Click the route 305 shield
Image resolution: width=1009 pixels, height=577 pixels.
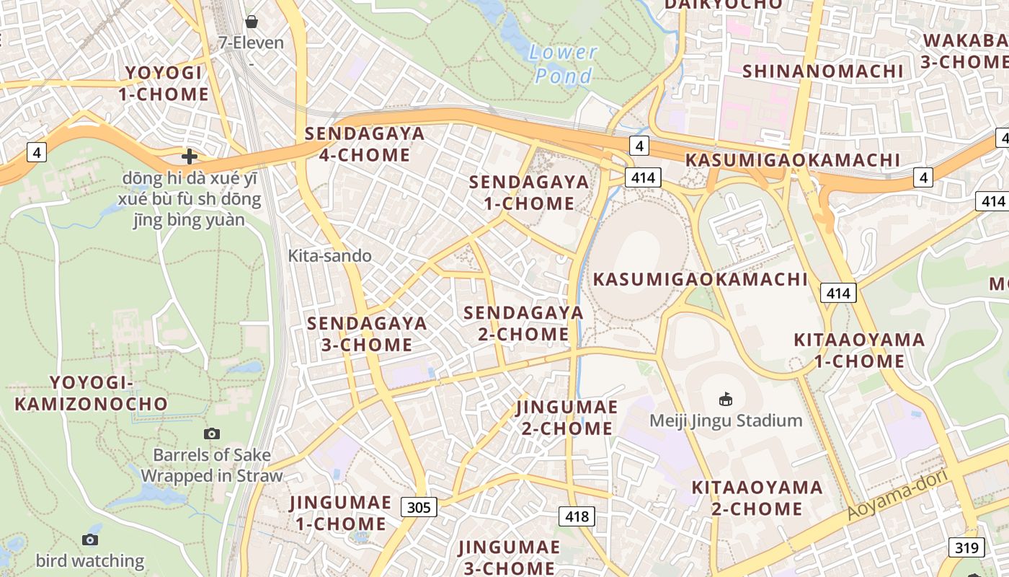419,507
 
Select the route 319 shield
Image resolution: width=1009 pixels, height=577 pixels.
966,547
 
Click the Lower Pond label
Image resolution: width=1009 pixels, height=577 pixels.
563,63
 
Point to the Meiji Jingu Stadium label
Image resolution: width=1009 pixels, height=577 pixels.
726,420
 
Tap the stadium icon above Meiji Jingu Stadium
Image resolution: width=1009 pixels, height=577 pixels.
726,399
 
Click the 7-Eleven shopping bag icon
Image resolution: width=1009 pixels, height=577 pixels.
251,22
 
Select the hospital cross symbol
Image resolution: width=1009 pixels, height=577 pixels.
190,156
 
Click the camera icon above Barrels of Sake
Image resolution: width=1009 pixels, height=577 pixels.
211,433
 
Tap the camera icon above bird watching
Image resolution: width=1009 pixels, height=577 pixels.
90,539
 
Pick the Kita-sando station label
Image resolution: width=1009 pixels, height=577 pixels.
330,255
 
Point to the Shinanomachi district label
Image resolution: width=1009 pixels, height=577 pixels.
822,71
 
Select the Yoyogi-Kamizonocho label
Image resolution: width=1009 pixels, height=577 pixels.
91,393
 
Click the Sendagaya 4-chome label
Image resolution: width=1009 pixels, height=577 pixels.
365,144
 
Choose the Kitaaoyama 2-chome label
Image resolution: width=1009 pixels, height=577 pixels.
757,498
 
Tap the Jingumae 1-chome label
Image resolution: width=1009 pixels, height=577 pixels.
341,513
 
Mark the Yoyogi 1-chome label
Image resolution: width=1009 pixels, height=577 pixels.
167,83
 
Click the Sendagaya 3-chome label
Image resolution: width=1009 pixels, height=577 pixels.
367,333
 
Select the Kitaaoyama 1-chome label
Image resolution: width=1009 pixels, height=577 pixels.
859,350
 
